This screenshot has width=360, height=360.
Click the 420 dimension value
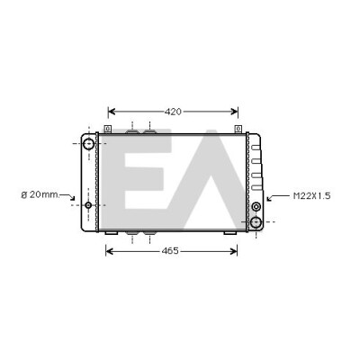(173, 112)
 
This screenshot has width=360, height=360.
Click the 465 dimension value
(170, 251)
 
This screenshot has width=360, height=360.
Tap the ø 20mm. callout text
(40, 194)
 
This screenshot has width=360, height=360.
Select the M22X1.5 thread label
(311, 196)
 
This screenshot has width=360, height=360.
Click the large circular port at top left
(88, 144)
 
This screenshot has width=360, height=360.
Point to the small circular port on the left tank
(88, 205)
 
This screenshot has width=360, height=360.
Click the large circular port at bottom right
(256, 222)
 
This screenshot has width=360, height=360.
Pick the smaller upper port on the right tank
(256, 206)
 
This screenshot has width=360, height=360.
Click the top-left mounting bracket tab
(108, 129)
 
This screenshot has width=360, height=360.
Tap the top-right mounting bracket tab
(238, 129)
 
